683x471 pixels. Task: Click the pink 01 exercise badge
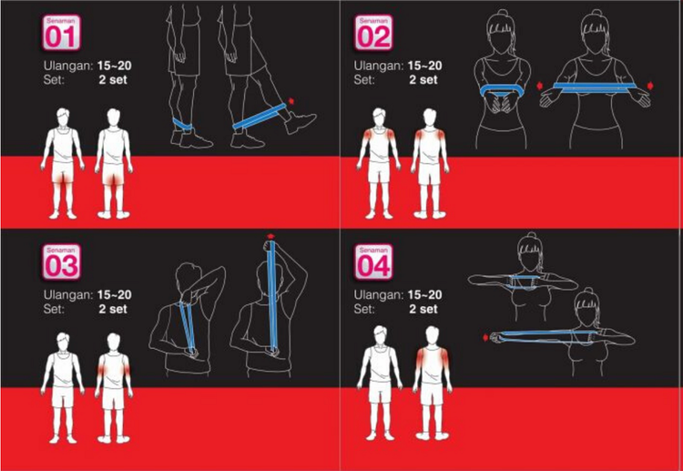[x=61, y=33]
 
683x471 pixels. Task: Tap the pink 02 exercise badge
[x=373, y=33]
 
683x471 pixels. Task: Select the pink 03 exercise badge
[x=61, y=261]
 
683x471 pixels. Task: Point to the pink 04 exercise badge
[x=373, y=261]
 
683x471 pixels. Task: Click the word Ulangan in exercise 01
[x=68, y=67]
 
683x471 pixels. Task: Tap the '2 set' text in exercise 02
[x=423, y=80]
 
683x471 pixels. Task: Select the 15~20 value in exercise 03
[x=115, y=294]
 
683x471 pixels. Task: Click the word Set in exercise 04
[x=364, y=309]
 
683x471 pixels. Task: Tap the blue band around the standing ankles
[x=183, y=124]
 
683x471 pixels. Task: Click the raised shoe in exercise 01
[x=300, y=121]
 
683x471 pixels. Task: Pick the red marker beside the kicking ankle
[x=291, y=101]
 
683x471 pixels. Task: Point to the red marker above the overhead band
[x=271, y=236]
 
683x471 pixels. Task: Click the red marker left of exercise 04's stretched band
[x=485, y=337]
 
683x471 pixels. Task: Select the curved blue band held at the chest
[x=502, y=91]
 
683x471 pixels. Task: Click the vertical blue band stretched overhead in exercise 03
[x=272, y=296]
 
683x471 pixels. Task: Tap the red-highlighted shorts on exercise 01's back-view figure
[x=113, y=173]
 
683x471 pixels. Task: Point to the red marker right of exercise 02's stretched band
[x=651, y=86]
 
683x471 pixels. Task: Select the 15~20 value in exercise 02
[x=424, y=66]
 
